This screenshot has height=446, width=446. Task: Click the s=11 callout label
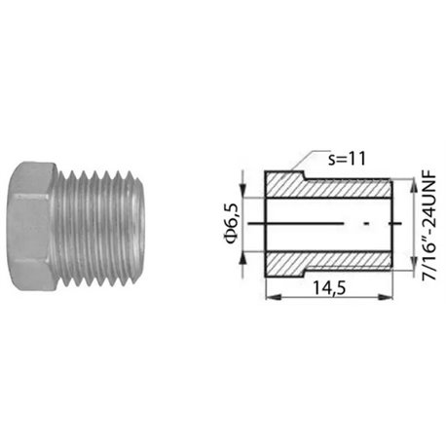click(347, 159)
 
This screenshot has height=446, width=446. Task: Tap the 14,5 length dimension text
click(329, 288)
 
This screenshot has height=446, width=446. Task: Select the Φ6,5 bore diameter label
click(232, 224)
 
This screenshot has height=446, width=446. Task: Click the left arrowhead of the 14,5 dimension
click(273, 297)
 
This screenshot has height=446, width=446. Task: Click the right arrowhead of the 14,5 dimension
click(386, 297)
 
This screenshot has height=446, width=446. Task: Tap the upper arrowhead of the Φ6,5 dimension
click(243, 190)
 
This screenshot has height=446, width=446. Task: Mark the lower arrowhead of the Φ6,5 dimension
click(243, 258)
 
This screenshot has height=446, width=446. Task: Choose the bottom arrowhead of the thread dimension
click(414, 262)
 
